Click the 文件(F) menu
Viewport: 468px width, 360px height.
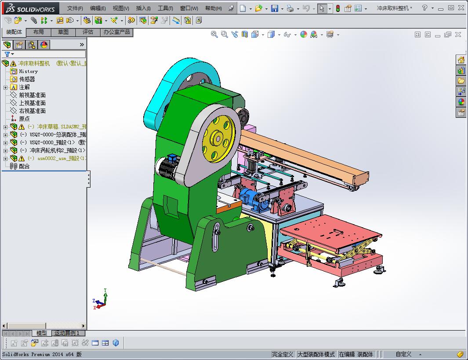pyautogui.click(x=75, y=8)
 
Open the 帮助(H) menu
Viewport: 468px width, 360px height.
pyautogui.click(x=213, y=8)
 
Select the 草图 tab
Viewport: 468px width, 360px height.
pyautogui.click(x=63, y=32)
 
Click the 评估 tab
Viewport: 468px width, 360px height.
pyautogui.click(x=88, y=32)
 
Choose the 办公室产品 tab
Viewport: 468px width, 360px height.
pyautogui.click(x=116, y=32)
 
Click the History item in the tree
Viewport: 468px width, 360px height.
pyautogui.click(x=28, y=71)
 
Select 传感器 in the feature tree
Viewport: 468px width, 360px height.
pyautogui.click(x=27, y=79)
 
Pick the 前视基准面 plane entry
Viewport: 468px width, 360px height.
pyautogui.click(x=32, y=95)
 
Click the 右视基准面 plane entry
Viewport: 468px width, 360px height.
pyautogui.click(x=32, y=111)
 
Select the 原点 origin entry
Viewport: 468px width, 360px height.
pyautogui.click(x=24, y=119)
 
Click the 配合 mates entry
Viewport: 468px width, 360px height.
pyautogui.click(x=24, y=166)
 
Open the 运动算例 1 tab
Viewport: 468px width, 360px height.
pyautogui.click(x=67, y=333)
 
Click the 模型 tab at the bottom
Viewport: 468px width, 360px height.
pyautogui.click(x=41, y=333)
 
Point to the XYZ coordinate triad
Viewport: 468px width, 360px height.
pyautogui.click(x=100, y=302)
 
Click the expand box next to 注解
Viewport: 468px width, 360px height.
pyautogui.click(x=5, y=87)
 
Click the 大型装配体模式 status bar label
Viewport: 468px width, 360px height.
pyautogui.click(x=316, y=354)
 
